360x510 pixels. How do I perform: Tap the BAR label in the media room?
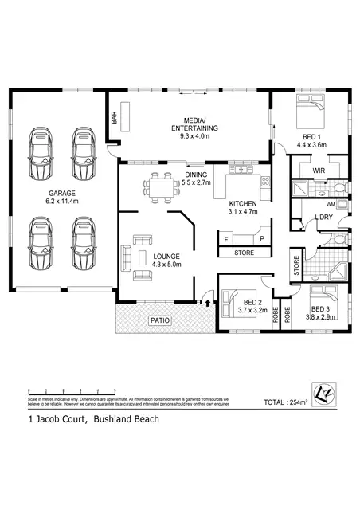click(115, 118)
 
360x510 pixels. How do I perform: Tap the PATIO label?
click(160, 321)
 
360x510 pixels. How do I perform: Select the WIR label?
click(317, 170)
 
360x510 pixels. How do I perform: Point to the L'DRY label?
click(324, 217)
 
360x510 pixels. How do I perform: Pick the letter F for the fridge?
click(226, 238)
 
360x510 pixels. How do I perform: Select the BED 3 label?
click(320, 308)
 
